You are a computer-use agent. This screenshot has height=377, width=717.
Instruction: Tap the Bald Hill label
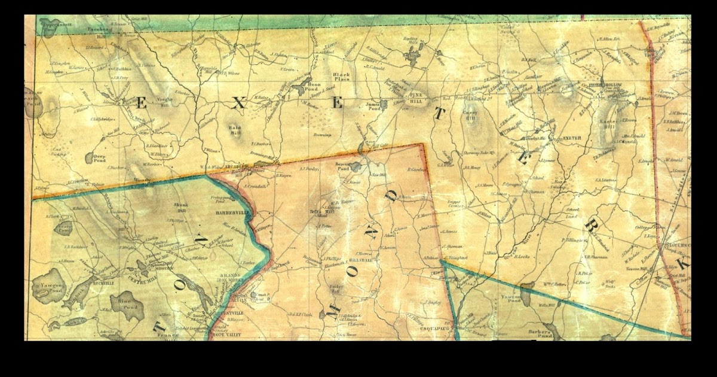pos(235,130)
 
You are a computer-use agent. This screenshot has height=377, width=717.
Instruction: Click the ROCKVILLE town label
pos(106,278)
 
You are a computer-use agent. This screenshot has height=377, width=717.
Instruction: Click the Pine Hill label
pos(416,97)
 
